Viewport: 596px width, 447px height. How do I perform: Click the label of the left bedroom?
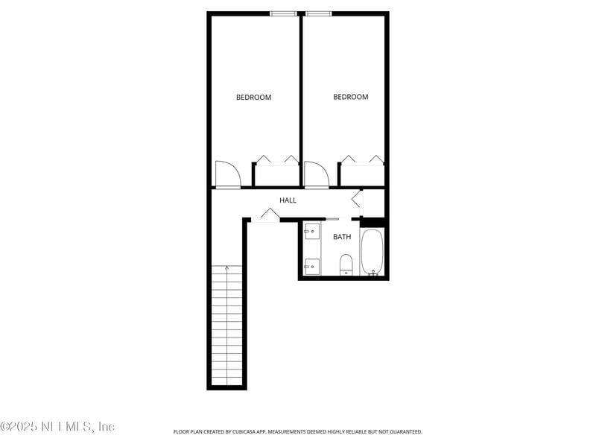coord(253,97)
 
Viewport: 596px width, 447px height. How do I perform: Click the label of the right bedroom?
coord(350,97)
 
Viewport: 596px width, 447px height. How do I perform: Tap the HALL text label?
coord(288,200)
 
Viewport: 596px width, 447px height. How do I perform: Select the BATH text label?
coord(342,237)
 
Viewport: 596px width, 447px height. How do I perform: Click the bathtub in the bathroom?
coord(372,253)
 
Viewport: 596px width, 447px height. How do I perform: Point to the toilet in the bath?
coord(346,264)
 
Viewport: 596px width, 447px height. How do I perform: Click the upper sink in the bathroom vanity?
coord(313,231)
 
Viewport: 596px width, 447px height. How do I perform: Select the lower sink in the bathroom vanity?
coord(313,264)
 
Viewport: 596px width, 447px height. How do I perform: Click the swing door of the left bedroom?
coord(227,174)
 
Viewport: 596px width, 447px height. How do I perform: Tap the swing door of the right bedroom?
coord(316,174)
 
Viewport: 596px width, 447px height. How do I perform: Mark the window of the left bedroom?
coord(282,13)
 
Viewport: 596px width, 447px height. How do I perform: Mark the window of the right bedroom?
coord(319,13)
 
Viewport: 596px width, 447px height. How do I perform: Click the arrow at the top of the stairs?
coord(226,268)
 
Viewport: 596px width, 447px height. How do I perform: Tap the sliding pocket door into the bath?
coord(333,219)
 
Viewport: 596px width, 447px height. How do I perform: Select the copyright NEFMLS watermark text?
coord(57,427)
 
